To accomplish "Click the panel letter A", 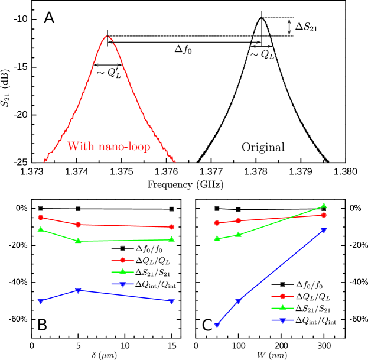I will [x=50, y=18].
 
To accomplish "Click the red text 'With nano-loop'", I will [x=109, y=146].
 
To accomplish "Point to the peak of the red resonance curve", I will [x=108, y=37].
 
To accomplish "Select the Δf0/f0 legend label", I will [x=149, y=249].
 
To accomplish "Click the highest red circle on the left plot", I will [x=41, y=218].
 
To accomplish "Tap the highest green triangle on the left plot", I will [x=41, y=229].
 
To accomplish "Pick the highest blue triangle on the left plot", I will [x=79, y=291].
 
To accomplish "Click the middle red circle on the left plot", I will [x=79, y=225].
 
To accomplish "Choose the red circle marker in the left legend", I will [x=123, y=260].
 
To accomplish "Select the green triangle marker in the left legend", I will [x=123, y=272].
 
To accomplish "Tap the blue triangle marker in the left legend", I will [x=123, y=284].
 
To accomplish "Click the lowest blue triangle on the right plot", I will [x=217, y=325].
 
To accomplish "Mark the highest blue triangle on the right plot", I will [x=324, y=230].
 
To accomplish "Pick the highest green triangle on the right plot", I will [x=324, y=206].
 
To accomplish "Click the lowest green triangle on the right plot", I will [x=217, y=238].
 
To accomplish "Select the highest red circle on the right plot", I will [x=324, y=215].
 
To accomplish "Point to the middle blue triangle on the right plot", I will [x=238, y=301].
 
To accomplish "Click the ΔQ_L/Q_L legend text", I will [x=313, y=296].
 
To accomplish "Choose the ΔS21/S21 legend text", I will [x=313, y=308].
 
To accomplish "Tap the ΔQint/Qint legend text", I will [x=313, y=320].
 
